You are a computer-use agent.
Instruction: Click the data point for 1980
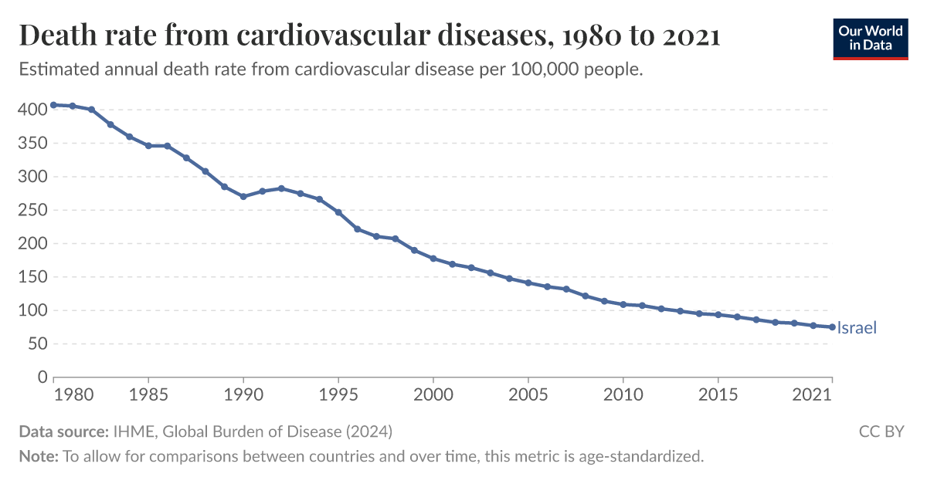[53, 105]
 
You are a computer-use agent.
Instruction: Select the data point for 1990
[243, 196]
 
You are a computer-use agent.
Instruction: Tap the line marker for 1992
[281, 188]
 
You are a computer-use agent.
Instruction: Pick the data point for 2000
[433, 259]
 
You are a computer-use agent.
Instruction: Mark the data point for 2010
[623, 304]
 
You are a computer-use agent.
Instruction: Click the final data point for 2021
[832, 327]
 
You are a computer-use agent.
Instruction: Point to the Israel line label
[857, 328]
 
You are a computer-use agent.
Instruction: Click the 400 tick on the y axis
[32, 110]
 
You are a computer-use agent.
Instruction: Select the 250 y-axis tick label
[32, 210]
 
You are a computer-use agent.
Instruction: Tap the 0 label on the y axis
[43, 377]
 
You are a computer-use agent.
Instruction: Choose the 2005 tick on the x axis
[528, 394]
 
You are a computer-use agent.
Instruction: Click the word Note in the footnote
[38, 456]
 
